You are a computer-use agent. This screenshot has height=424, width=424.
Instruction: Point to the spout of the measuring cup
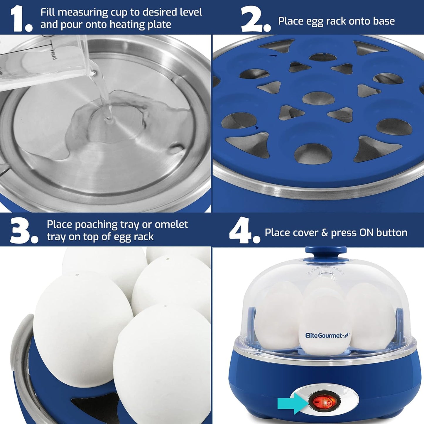tap(93, 72)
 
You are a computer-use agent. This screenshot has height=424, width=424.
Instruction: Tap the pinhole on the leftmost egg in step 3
tap(77, 275)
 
